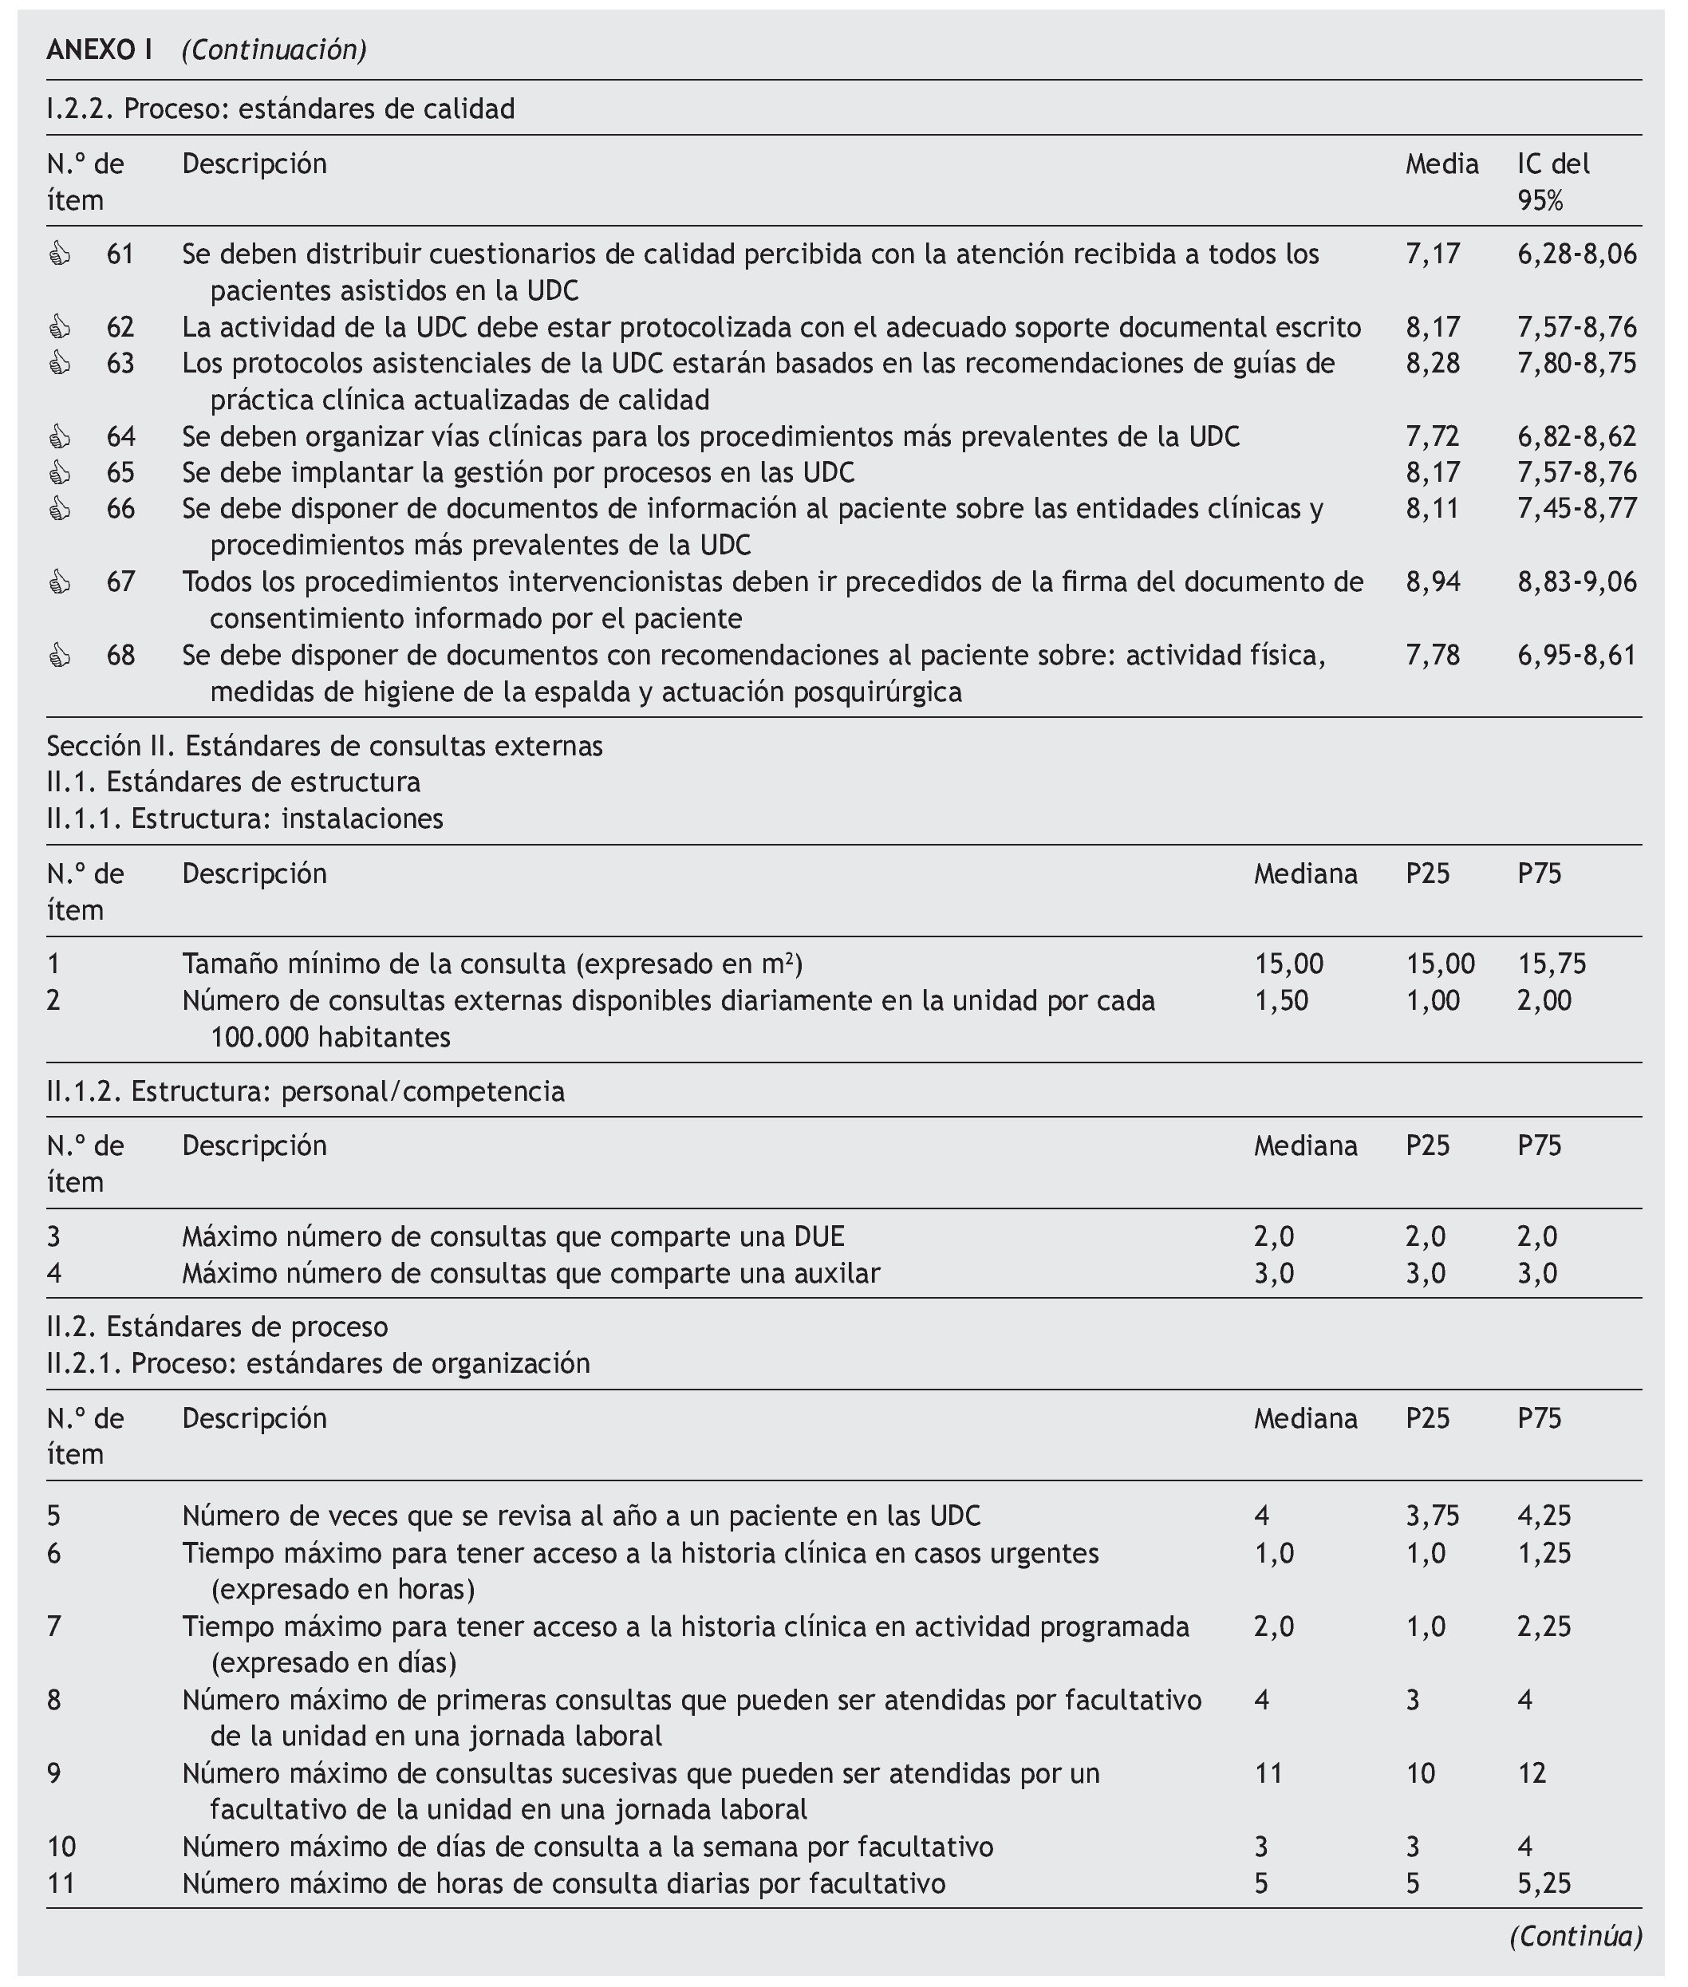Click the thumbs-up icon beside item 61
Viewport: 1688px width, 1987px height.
[x=59, y=254]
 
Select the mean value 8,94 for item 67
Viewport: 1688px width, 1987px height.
[x=1433, y=582]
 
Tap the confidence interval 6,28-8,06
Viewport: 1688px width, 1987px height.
[x=1576, y=254]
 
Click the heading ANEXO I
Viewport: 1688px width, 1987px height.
[x=100, y=49]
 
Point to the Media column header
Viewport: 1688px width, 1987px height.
[x=1442, y=164]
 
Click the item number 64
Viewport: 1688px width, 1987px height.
[x=120, y=437]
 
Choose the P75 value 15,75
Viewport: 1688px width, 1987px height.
[x=1551, y=964]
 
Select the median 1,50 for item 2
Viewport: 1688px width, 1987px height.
[x=1280, y=1000]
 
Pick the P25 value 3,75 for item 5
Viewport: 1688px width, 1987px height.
[x=1432, y=1516]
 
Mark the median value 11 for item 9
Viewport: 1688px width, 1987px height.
[x=1268, y=1774]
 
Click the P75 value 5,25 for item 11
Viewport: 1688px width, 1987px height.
[x=1544, y=1883]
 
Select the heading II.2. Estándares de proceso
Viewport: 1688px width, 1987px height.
[x=217, y=1327]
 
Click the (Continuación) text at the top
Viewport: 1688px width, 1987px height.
[x=274, y=49]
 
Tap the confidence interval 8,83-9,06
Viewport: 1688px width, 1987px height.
[x=1576, y=582]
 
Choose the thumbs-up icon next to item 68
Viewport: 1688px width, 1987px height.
[x=59, y=656]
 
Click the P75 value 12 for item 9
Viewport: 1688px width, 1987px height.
[x=1531, y=1774]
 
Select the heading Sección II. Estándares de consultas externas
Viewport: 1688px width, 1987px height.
[x=325, y=746]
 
